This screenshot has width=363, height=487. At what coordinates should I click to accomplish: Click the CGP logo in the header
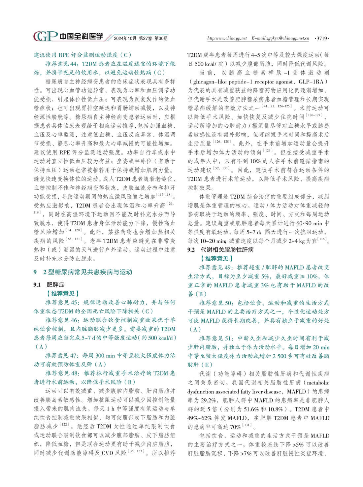pos(45,36)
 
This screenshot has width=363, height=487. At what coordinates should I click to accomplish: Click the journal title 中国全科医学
pos(81,36)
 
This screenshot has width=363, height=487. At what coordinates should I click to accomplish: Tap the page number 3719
pos(322,38)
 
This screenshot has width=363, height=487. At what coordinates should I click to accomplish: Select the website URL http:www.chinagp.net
pos(227,38)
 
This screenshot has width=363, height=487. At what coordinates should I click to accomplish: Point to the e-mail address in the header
pos(280,38)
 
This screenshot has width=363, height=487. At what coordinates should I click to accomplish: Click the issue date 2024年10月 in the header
pos(125,38)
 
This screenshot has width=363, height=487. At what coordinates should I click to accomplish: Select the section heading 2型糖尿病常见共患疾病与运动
pos(87,272)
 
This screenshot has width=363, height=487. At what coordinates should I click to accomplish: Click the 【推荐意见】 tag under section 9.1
pos(63,293)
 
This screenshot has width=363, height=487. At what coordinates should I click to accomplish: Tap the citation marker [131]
pos(247,425)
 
